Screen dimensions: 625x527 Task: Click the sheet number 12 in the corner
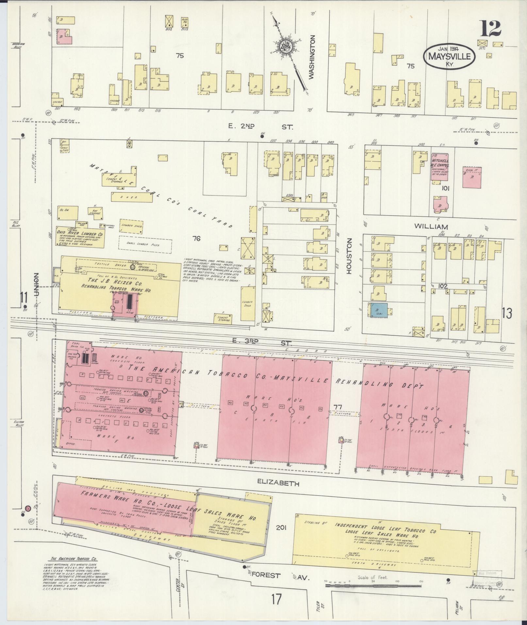pyautogui.click(x=491, y=29)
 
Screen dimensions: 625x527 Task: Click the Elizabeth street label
pyautogui.click(x=278, y=483)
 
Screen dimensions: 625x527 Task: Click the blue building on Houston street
pyautogui.click(x=379, y=310)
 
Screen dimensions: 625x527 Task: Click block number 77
pyautogui.click(x=338, y=407)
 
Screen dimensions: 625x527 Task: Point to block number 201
pyautogui.click(x=281, y=527)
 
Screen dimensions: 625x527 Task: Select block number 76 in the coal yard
pyautogui.click(x=196, y=239)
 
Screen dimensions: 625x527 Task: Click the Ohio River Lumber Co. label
pyautogui.click(x=80, y=234)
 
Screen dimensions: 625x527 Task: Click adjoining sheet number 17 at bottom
pyautogui.click(x=276, y=608)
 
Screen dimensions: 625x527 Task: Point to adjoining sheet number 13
pyautogui.click(x=507, y=313)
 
